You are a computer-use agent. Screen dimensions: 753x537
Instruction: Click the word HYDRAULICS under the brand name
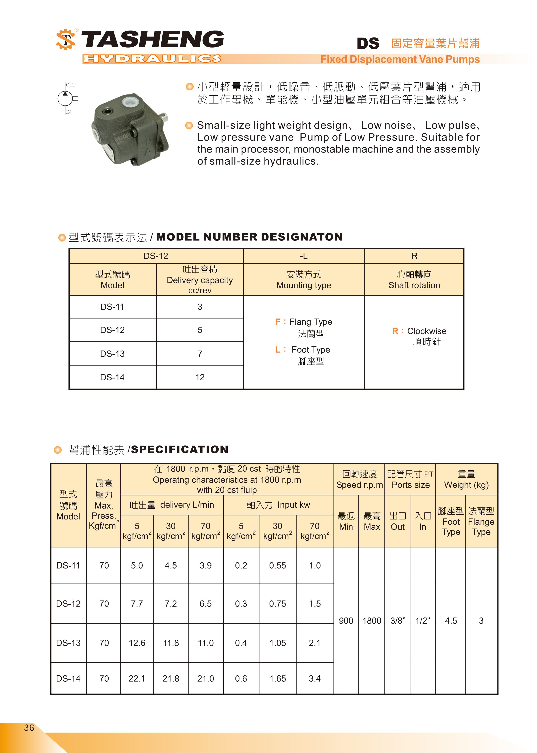point(152,59)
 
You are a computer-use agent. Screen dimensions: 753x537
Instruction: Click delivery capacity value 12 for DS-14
point(200,377)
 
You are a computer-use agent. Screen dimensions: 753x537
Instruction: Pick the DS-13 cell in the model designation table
point(112,354)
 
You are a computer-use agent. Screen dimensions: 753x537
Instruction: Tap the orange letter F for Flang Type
point(278,322)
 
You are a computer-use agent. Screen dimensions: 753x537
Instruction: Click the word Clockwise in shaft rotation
point(426,331)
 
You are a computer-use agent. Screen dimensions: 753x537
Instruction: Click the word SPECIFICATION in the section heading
point(179,450)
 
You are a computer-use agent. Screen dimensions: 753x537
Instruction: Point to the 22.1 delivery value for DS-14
point(137,679)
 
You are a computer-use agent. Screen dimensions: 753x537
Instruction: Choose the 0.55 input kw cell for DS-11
point(277,566)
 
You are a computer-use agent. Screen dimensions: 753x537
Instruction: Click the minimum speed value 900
point(346,621)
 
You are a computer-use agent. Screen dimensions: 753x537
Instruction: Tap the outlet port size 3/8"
point(397,621)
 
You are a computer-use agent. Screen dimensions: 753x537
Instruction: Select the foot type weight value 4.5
point(451,621)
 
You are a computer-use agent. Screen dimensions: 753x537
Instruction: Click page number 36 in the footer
point(29,728)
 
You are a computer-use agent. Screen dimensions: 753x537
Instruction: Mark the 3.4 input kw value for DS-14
point(314,679)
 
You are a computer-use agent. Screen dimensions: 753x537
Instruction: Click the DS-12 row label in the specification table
point(68,604)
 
